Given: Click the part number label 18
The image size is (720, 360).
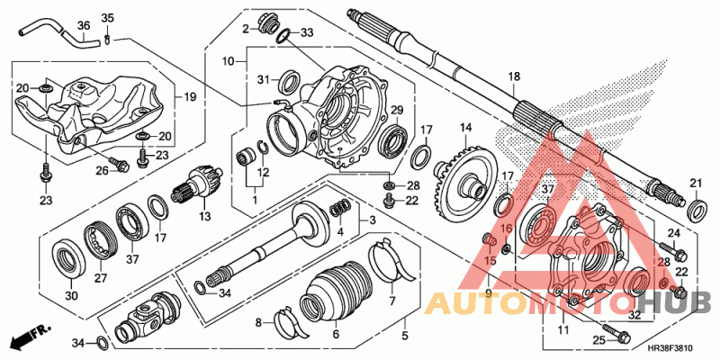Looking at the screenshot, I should (514, 76).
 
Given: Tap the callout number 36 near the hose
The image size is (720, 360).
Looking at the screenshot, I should (84, 25).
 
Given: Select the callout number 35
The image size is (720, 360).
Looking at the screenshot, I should (108, 19).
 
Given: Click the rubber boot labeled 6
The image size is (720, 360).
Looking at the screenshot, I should (334, 293).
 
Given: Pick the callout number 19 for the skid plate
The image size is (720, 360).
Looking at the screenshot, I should (190, 96).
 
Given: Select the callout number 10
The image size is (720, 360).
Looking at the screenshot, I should (229, 60).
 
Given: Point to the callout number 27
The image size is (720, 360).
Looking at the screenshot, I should (101, 278).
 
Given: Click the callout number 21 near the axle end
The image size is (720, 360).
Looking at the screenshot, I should (695, 184).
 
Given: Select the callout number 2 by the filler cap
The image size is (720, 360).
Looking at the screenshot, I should (244, 30).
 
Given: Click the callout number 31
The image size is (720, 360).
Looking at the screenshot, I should (264, 80).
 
